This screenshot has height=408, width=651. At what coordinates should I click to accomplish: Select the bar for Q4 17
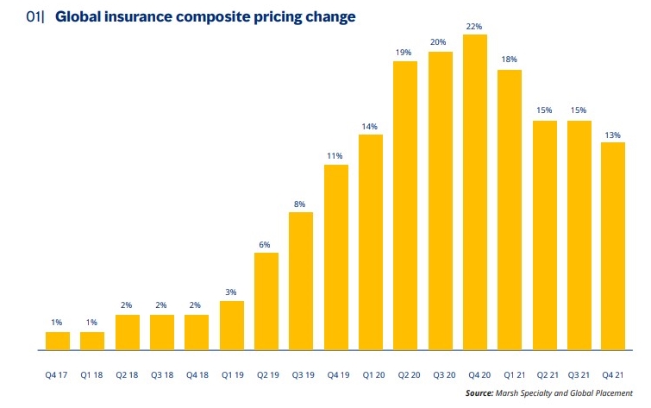tap(58, 342)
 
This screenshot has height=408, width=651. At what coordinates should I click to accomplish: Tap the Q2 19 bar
tap(266, 302)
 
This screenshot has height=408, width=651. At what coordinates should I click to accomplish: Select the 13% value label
tap(614, 135)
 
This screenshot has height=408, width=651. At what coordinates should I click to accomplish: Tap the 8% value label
tap(301, 204)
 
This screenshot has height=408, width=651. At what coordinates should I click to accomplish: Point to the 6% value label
tap(266, 245)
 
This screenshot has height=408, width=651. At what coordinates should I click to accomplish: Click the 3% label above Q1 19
tap(232, 293)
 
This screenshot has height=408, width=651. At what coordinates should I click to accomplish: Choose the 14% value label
tap(371, 127)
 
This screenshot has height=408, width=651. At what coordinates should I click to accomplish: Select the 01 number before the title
tap(33, 17)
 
